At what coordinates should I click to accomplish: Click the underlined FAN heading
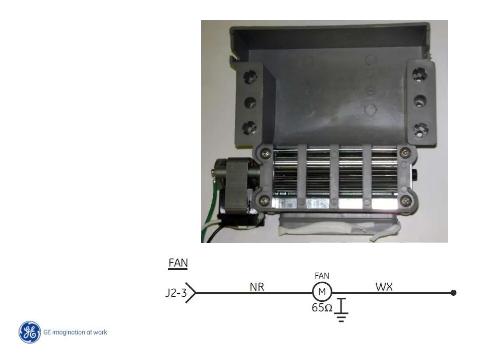coord(178,263)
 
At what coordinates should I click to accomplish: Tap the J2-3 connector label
coord(176,293)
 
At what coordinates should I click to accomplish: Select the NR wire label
coord(257,287)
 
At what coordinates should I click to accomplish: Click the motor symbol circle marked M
coord(322,292)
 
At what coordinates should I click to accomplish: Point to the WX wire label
coord(384,287)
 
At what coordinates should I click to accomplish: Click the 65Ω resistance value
coord(322,307)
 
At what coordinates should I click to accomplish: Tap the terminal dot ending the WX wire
coord(453,293)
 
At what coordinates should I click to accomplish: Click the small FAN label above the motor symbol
coord(322,276)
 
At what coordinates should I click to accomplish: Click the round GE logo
coord(30,332)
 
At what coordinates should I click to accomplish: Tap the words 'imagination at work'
coord(80,332)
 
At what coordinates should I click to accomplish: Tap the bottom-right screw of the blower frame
coord(405,200)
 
